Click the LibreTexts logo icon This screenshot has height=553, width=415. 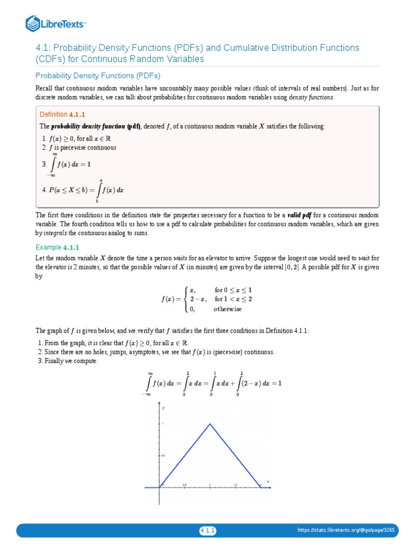coord(33,23)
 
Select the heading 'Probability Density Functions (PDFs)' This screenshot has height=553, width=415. coord(98,76)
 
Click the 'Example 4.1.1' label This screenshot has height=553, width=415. coord(57,247)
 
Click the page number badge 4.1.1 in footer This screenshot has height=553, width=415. coord(207,531)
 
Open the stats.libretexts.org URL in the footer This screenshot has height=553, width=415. coord(346,531)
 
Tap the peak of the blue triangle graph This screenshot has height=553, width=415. coord(210,424)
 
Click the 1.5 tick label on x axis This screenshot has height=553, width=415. coord(236,484)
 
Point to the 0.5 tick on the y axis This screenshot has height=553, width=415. coord(163,455)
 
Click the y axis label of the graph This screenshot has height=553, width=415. coord(163,409)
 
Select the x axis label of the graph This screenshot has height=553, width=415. coord(267,481)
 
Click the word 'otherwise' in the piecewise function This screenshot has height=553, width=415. coord(227,309)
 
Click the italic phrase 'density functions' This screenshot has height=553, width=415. coord(311,97)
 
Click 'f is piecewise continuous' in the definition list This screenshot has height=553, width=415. coord(82,147)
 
